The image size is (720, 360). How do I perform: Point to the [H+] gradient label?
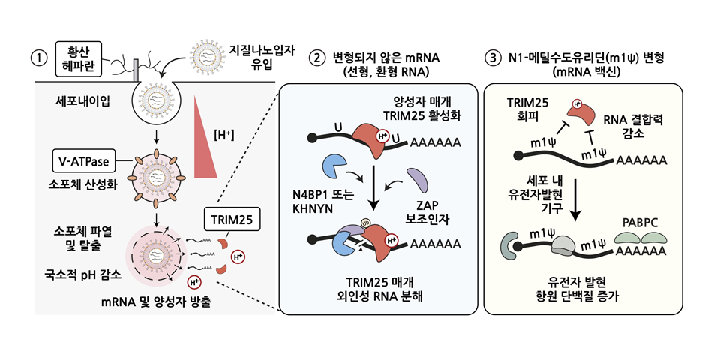coord(224,135)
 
